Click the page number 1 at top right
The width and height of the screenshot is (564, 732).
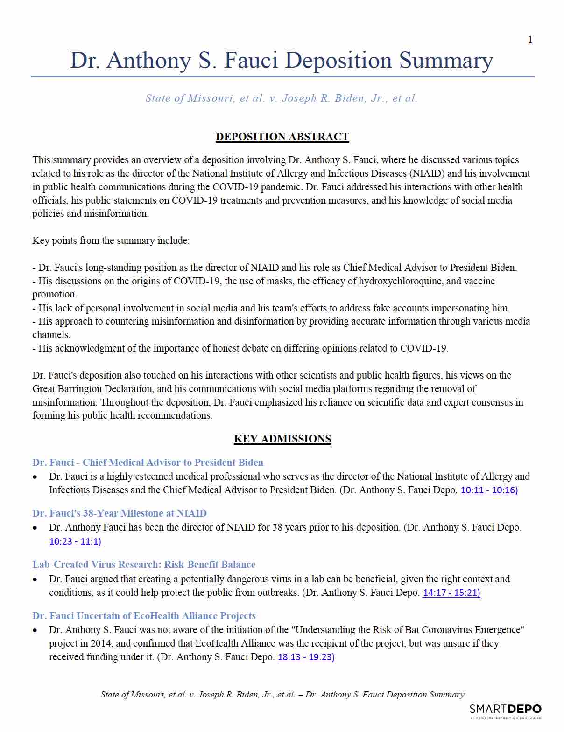click(530, 40)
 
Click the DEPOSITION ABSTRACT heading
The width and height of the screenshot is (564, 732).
click(282, 137)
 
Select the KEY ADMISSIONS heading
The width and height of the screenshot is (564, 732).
click(282, 439)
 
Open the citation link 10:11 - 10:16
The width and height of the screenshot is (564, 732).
click(489, 490)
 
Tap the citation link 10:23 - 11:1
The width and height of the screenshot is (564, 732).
click(75, 541)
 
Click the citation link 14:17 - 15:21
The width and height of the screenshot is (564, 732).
click(451, 593)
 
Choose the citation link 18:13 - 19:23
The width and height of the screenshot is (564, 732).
click(306, 657)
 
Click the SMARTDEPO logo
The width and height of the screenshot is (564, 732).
click(505, 710)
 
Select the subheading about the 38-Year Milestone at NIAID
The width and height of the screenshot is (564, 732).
click(120, 513)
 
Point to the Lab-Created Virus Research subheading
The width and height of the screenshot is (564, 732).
click(144, 565)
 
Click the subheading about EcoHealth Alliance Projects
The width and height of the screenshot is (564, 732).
click(144, 616)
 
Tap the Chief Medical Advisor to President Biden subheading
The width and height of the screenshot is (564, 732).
click(148, 463)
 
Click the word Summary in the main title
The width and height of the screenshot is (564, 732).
click(446, 61)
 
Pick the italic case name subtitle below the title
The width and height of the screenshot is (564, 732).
click(282, 98)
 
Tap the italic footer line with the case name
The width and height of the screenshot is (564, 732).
click(282, 695)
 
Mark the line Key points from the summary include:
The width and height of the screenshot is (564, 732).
click(111, 241)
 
